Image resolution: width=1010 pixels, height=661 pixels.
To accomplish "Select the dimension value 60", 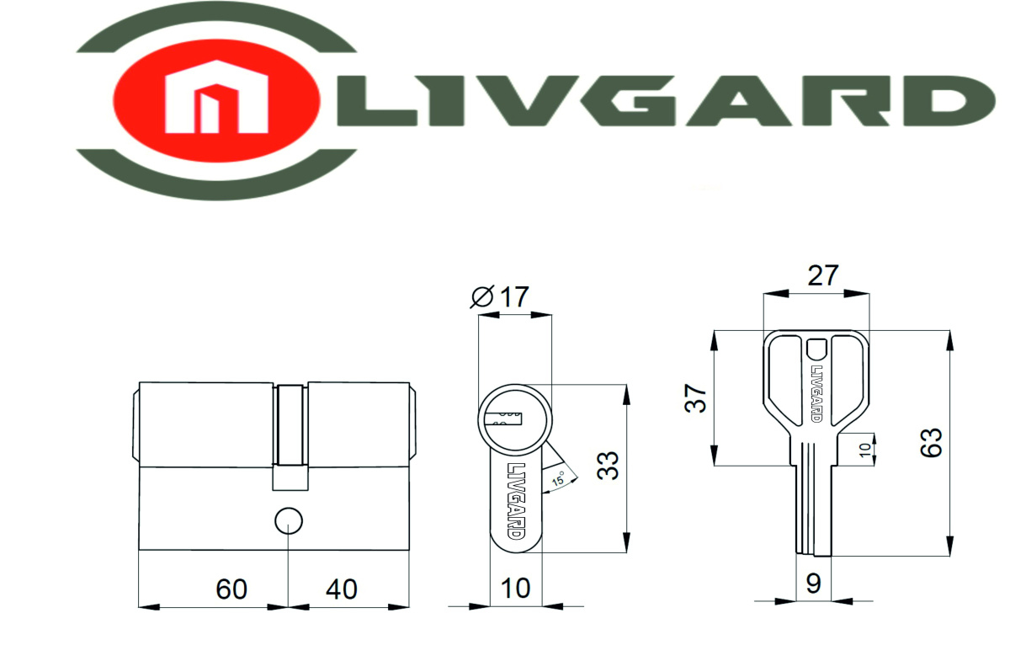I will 231,589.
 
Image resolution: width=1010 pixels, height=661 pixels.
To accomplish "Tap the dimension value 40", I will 341,589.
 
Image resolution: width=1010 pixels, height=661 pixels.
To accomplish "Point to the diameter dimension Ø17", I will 502,297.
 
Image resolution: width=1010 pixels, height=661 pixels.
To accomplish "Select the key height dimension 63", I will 931,441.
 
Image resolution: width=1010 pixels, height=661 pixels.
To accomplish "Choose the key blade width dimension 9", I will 813,583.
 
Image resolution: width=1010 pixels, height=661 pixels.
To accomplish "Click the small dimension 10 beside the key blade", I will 864,447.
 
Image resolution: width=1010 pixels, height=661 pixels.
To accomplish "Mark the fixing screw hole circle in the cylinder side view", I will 289,521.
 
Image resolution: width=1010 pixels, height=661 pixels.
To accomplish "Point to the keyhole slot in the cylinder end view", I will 507,415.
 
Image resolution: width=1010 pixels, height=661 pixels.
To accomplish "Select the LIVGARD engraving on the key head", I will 816,392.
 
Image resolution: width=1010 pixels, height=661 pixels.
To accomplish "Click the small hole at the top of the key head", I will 816,348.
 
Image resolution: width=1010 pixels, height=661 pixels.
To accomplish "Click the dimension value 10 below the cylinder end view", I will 516,588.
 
